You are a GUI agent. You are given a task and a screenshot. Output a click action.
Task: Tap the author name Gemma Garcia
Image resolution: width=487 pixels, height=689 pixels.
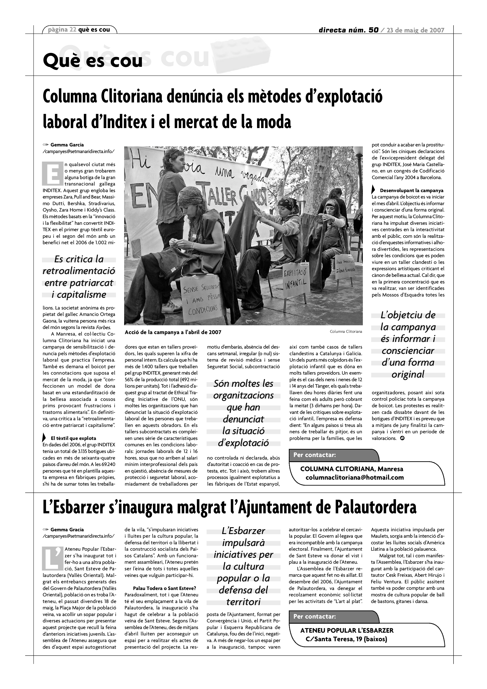[x=67, y=145]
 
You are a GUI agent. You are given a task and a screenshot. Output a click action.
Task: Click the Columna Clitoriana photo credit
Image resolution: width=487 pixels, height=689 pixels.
[x=346, y=332]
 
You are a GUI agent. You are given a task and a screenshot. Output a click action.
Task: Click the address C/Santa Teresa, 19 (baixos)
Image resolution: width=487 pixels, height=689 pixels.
[x=346, y=639]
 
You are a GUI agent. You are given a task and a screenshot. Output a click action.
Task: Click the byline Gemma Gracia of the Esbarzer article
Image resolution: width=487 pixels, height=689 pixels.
[x=67, y=530]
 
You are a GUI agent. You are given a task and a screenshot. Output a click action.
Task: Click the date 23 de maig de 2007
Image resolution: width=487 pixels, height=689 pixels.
[x=415, y=30]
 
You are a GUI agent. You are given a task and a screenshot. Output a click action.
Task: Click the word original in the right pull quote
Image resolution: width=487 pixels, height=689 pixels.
[x=408, y=374]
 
